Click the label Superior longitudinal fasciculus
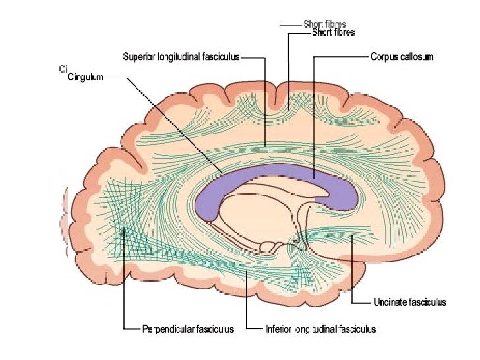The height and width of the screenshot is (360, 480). [181, 57]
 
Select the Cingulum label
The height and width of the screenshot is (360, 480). [86, 77]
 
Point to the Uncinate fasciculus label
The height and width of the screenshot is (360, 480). [409, 302]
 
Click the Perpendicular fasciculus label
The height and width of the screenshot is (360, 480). [188, 328]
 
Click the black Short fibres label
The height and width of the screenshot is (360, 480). [333, 32]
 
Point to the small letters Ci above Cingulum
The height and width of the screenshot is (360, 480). [62, 68]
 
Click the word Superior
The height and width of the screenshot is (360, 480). [138, 57]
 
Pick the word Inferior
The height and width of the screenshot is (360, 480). [278, 328]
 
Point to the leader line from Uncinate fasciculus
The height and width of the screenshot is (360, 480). [353, 277]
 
